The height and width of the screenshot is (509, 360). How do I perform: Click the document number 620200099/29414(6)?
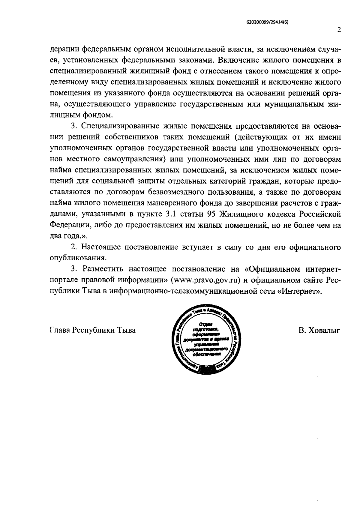tap(267, 22)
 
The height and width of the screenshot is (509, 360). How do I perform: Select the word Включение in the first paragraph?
tap(237, 60)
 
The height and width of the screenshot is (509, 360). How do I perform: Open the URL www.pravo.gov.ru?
tap(206, 280)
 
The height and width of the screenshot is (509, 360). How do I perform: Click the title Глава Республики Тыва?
tap(92, 330)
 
